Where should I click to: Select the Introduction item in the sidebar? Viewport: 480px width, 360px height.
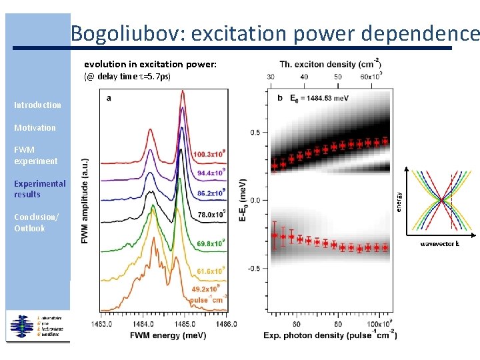(x=37, y=105)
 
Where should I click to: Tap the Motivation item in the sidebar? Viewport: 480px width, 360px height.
(x=35, y=127)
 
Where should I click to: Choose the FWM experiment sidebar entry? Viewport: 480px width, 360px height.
(x=35, y=155)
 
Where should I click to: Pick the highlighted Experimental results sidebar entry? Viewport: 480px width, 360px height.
(x=40, y=189)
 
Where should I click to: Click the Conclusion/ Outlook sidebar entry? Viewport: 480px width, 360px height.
(x=36, y=223)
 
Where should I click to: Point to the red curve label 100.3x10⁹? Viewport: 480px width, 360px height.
(x=209, y=155)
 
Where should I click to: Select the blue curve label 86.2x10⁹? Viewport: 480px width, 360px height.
(x=209, y=193)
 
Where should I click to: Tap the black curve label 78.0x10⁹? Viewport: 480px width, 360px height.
(x=209, y=215)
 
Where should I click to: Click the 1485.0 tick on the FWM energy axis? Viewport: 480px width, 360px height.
(x=184, y=325)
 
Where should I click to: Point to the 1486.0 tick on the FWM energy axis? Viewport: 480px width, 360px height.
(x=225, y=325)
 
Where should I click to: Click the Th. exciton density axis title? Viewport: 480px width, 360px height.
(x=330, y=65)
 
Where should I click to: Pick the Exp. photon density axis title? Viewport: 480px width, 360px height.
(x=330, y=335)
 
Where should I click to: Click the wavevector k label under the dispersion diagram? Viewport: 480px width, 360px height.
(x=439, y=244)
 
